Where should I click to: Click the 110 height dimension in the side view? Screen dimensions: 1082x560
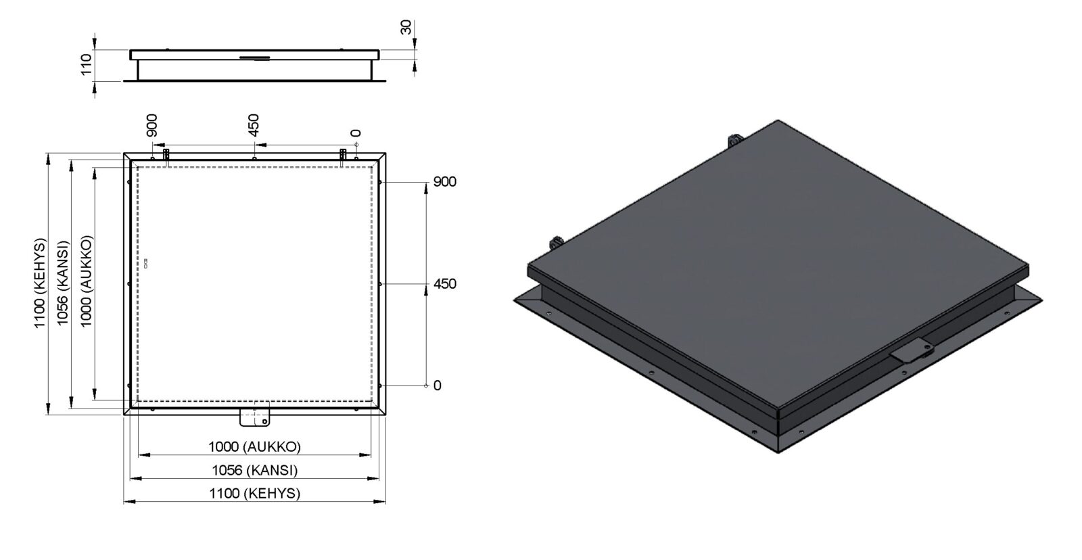pos(86,65)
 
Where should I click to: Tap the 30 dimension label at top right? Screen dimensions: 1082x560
pos(406,27)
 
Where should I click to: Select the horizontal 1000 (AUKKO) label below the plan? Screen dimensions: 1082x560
pos(254,446)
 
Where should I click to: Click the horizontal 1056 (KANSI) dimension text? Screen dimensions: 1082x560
pos(254,470)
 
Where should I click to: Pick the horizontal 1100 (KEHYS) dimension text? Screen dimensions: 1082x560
pos(254,493)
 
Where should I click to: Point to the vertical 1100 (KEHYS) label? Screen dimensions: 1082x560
pos(40,283)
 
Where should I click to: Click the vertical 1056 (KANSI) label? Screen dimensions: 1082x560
pos(63,283)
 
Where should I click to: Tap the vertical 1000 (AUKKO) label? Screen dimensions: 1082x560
pos(86,282)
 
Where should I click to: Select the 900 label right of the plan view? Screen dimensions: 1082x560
pos(444,182)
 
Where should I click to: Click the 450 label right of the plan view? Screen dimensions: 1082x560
pos(444,283)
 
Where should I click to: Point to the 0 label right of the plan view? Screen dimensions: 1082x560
pos(437,386)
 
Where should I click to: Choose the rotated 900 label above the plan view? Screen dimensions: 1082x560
pos(151,125)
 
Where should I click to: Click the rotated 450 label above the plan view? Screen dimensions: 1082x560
pos(254,125)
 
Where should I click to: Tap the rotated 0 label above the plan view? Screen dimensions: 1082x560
pos(356,133)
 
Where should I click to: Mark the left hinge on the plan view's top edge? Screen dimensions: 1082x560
pos(166,155)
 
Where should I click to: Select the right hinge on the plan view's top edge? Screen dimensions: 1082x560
pos(343,155)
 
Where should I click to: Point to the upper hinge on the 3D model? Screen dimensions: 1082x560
pos(734,141)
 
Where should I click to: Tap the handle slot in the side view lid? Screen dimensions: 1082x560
pos(254,58)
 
